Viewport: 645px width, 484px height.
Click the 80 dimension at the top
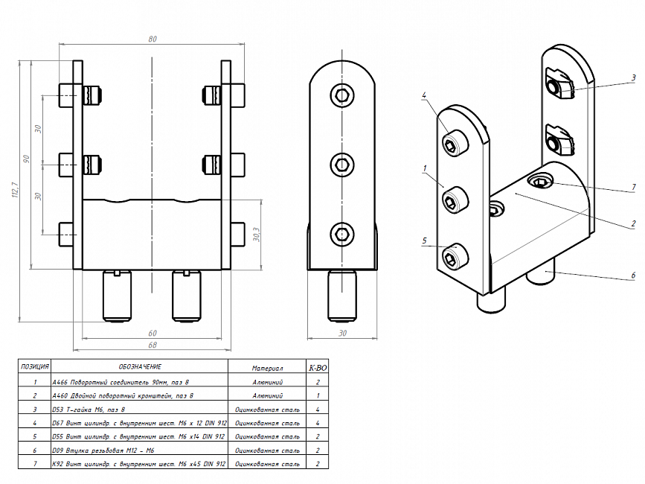pyautogui.click(x=153, y=39)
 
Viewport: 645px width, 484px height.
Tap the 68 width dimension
pyautogui.click(x=153, y=344)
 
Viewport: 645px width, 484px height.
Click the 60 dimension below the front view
pyautogui.click(x=153, y=332)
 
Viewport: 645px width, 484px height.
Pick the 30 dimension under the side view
pyautogui.click(x=342, y=333)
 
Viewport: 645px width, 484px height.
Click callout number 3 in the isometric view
pyautogui.click(x=633, y=77)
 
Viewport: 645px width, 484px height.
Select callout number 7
pyautogui.click(x=633, y=187)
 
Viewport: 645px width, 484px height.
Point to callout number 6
pyautogui.click(x=633, y=275)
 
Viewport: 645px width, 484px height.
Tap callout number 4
pyautogui.click(x=423, y=95)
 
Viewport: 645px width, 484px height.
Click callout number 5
pyautogui.click(x=423, y=241)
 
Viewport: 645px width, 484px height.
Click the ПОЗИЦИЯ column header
pyautogui.click(x=35, y=366)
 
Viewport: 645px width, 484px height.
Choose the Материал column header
pyautogui.click(x=267, y=367)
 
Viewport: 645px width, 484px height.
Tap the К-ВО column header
pyautogui.click(x=318, y=367)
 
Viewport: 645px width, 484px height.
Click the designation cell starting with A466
pyautogui.click(x=123, y=382)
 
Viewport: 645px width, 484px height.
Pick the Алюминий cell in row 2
pyautogui.click(x=267, y=396)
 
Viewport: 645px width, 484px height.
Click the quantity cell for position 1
pyautogui.click(x=318, y=382)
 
